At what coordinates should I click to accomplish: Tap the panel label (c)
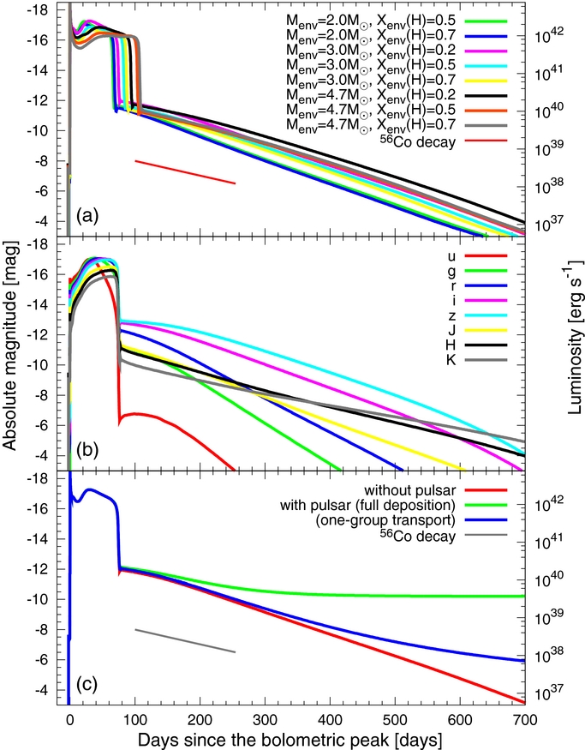(x=87, y=685)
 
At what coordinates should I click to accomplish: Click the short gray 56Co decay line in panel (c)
(x=184, y=641)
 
